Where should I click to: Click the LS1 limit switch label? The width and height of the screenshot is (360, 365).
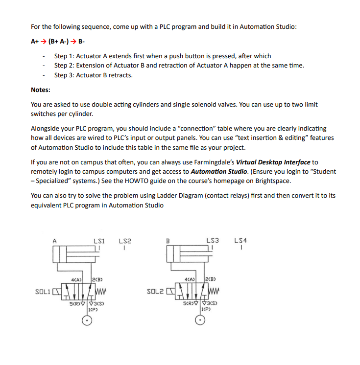99,241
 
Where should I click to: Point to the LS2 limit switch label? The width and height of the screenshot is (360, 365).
125,241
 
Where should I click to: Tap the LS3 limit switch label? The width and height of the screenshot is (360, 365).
213,241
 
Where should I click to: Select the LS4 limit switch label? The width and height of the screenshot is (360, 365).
241,241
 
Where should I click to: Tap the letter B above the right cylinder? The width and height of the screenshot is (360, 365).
168,241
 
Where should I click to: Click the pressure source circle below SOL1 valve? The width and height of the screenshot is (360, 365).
87,320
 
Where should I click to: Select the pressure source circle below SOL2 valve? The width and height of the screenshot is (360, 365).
200,320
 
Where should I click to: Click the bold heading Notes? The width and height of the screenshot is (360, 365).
41,90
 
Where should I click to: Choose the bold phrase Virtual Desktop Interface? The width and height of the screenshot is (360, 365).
273,162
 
